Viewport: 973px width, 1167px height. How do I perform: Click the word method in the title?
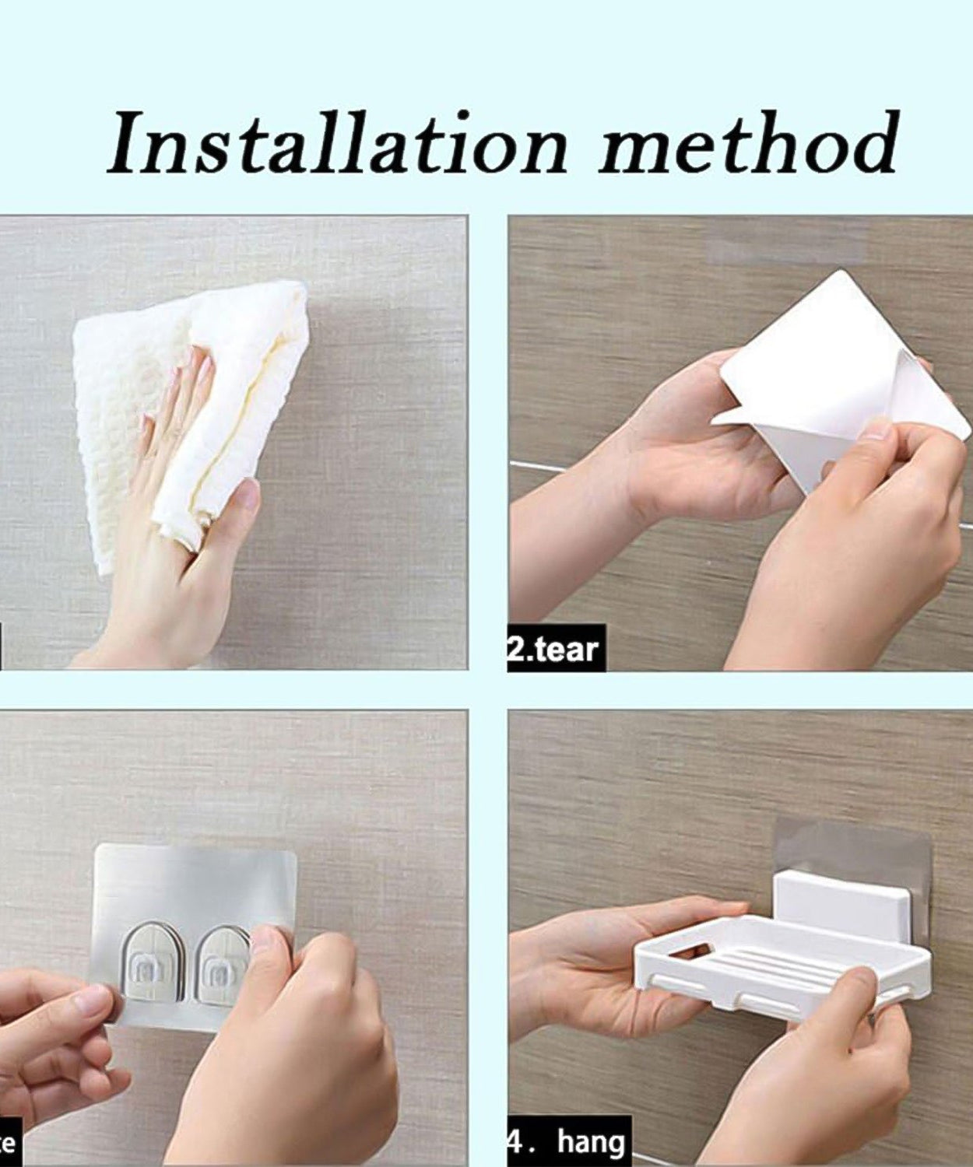tap(747, 144)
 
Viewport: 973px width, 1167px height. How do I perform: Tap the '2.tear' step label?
tap(555, 649)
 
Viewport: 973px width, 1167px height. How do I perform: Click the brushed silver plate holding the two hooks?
tap(195, 887)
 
